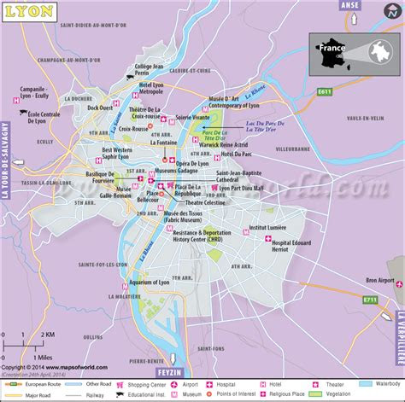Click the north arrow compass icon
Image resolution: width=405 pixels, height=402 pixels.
click(x=394, y=10)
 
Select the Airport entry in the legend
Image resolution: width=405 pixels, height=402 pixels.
click(x=192, y=384)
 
